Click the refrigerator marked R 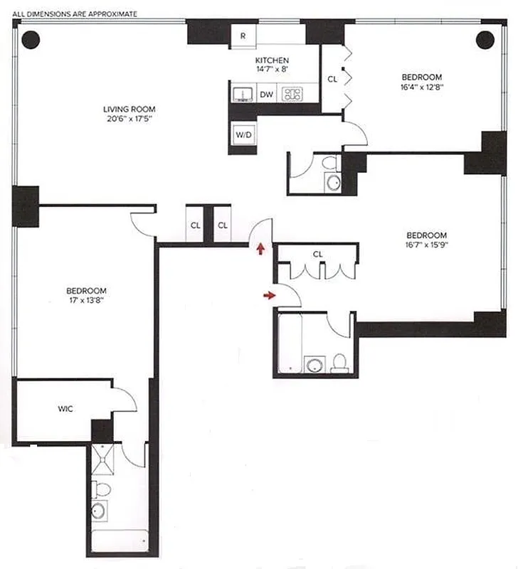(x=243, y=36)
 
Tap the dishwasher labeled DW (x=266, y=94)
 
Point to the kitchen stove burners (x=292, y=93)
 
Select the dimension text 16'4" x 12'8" (x=421, y=87)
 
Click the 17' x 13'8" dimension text (x=86, y=300)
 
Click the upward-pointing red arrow (x=261, y=248)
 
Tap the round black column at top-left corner (x=30, y=40)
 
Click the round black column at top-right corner (x=485, y=39)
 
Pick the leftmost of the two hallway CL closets (x=194, y=225)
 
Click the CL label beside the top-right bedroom (x=332, y=80)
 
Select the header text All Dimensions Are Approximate (x=75, y=14)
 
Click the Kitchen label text (x=272, y=60)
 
